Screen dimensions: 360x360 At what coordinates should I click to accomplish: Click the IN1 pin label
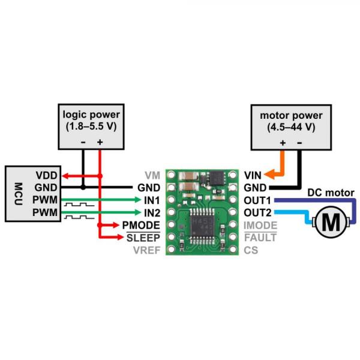tap(151, 200)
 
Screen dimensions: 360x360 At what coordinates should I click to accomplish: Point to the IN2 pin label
tap(151, 212)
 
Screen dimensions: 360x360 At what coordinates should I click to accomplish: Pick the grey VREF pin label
tap(146, 250)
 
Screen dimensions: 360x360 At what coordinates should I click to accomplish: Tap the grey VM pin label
tap(152, 175)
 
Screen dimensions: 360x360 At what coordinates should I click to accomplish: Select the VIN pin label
tap(252, 175)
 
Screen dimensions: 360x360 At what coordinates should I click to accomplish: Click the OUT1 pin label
tap(257, 200)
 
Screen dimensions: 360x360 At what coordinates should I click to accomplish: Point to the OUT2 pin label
tap(257, 212)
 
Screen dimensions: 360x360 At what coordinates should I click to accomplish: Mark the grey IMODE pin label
tap(260, 225)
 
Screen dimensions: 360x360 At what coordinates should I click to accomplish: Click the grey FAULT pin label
tap(259, 238)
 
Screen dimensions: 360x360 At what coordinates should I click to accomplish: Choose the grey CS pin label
tap(251, 250)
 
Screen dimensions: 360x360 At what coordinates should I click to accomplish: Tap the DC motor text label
tap(331, 193)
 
